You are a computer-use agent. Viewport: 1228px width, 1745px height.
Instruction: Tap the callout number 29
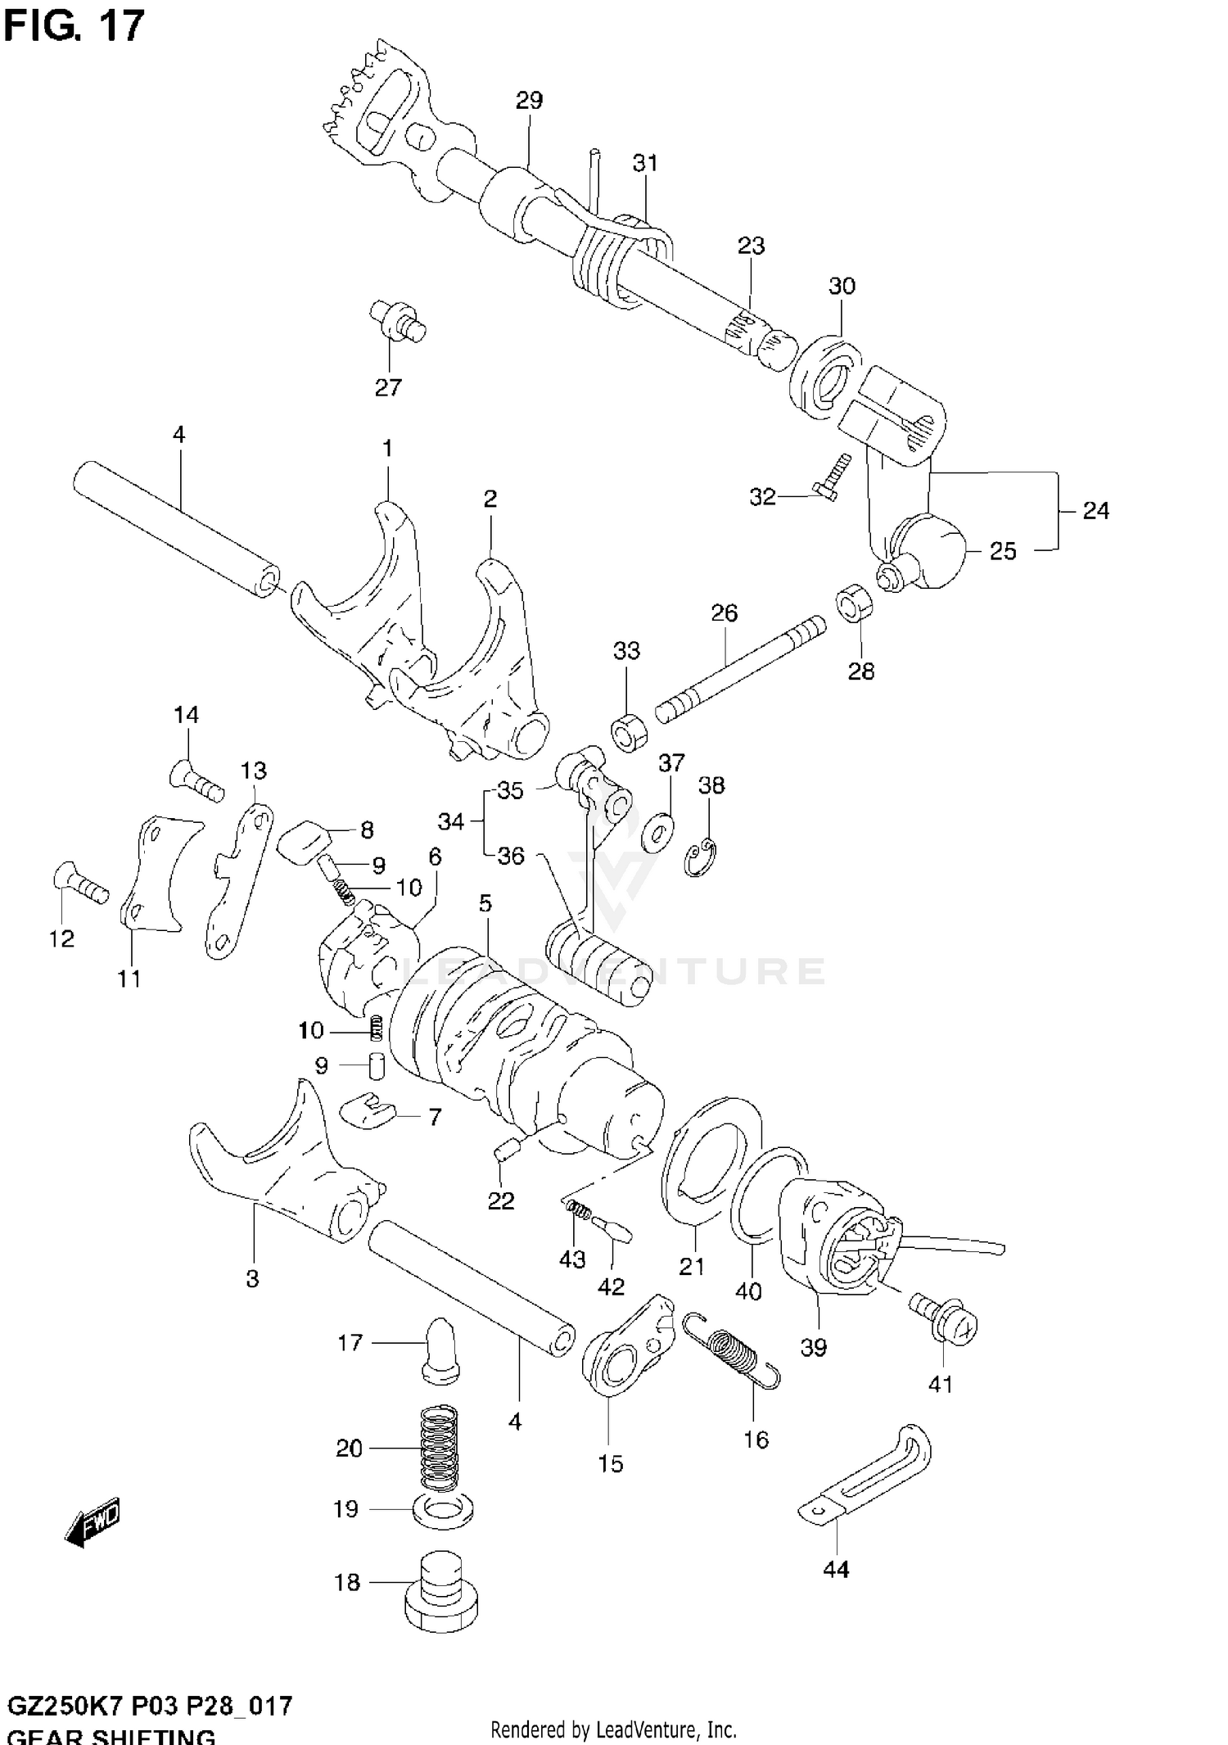pyautogui.click(x=529, y=101)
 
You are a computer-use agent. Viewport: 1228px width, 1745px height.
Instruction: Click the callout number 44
pyautogui.click(x=835, y=1570)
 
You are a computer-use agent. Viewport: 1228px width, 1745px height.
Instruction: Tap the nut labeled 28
pyautogui.click(x=854, y=604)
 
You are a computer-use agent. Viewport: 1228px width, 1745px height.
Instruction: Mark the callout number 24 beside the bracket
pyautogui.click(x=1095, y=511)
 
